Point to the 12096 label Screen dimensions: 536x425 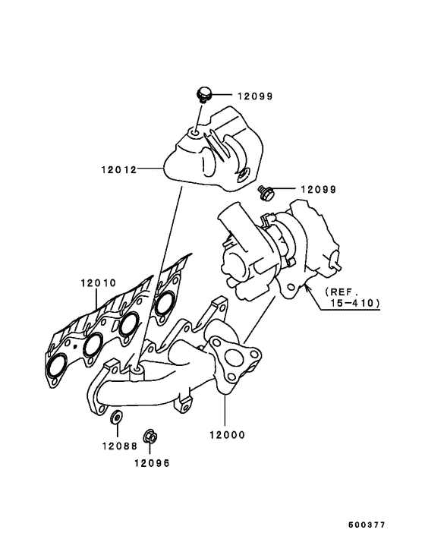pos(153,462)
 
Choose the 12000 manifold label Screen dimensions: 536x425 pos(225,436)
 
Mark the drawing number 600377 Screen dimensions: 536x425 pos(367,525)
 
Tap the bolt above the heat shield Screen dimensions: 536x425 pos(203,94)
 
